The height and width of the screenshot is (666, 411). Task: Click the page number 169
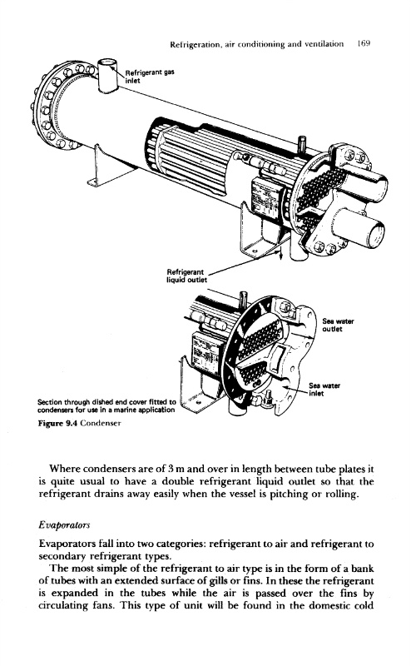pyautogui.click(x=364, y=43)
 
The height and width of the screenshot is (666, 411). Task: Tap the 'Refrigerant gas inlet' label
pyautogui.click(x=150, y=76)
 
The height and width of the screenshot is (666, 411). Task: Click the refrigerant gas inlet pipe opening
pyautogui.click(x=107, y=63)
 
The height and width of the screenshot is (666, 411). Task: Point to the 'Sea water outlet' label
pyautogui.click(x=338, y=325)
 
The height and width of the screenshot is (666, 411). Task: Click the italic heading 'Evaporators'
pyautogui.click(x=64, y=525)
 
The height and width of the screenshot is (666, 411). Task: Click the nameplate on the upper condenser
pyautogui.click(x=265, y=196)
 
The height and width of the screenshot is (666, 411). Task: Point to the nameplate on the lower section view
pyautogui.click(x=207, y=353)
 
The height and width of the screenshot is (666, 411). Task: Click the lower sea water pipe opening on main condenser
pyautogui.click(x=376, y=236)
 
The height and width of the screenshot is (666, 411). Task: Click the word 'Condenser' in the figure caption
pyautogui.click(x=101, y=423)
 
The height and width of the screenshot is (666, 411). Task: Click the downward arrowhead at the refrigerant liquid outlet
pyautogui.click(x=280, y=257)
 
